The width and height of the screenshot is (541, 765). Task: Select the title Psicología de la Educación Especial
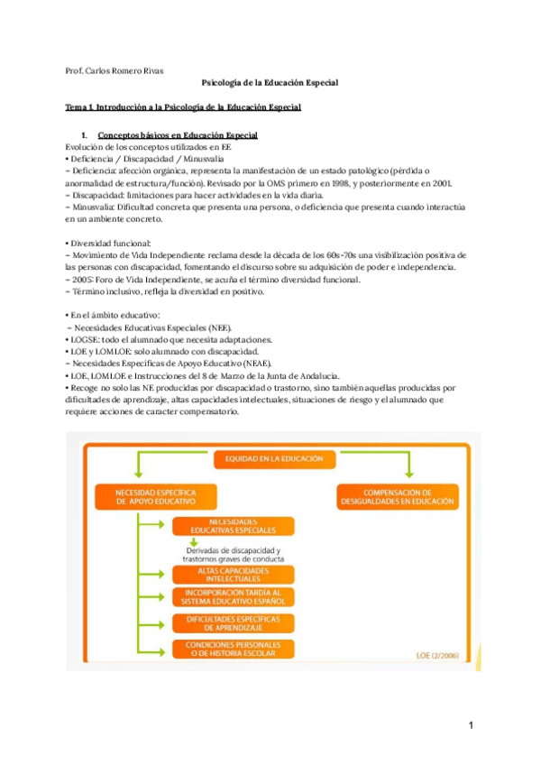pos(269,83)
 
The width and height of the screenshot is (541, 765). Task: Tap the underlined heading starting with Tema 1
pos(183,107)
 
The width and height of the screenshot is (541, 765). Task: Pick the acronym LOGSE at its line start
pos(86,339)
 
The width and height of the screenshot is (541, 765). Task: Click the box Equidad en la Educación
pos(268,458)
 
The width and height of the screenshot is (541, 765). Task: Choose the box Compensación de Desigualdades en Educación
pos(396,495)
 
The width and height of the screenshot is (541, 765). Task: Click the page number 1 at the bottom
pos(471,724)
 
